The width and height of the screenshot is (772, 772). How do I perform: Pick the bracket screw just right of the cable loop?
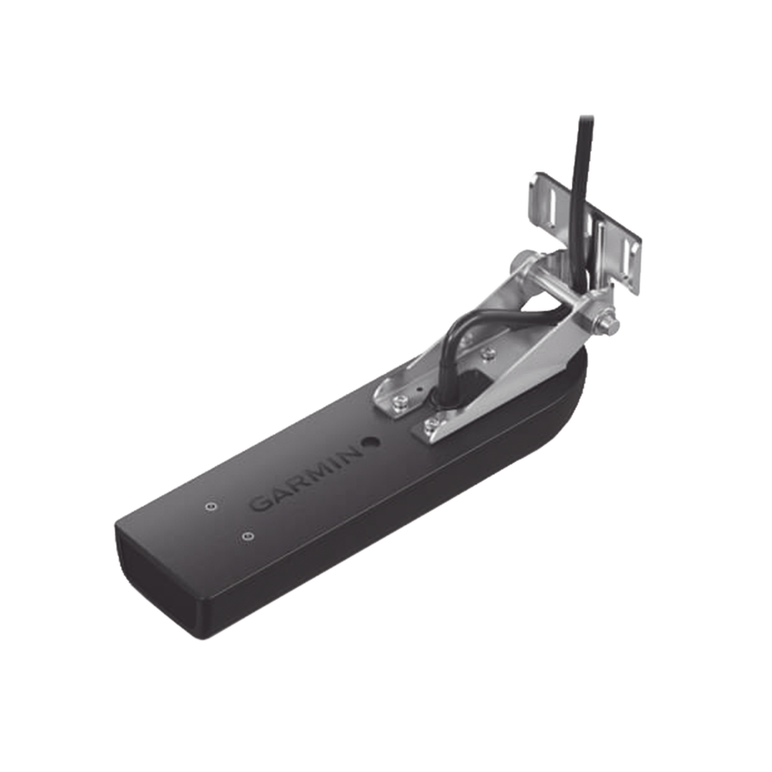pyautogui.click(x=486, y=353)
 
